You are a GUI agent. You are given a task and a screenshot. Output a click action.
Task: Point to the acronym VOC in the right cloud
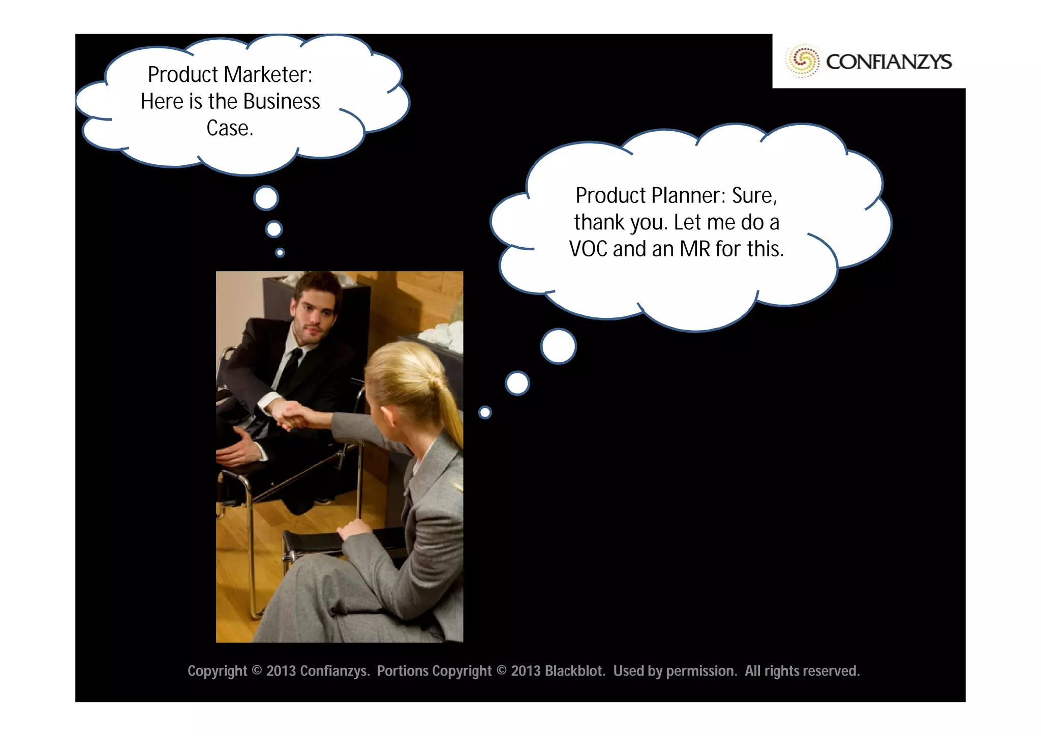(588, 249)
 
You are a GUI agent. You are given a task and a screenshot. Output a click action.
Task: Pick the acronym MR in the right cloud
(695, 249)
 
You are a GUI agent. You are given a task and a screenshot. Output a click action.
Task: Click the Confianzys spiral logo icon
(803, 61)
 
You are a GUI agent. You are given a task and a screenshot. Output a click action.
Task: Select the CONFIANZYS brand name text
(889, 62)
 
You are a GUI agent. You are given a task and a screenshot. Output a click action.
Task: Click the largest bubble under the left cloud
(266, 198)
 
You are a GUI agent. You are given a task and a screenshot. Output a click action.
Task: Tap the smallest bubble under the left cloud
(280, 252)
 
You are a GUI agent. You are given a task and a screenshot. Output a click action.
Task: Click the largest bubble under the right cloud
(559, 346)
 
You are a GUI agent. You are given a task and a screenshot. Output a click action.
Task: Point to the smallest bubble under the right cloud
(485, 412)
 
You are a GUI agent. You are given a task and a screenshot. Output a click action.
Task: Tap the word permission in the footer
(701, 671)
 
